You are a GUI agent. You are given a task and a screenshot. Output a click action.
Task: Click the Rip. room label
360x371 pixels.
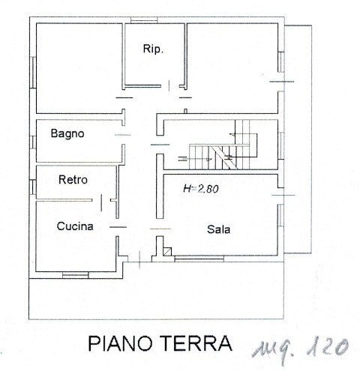(x=153, y=49)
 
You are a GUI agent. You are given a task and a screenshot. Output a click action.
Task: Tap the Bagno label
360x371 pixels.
(x=67, y=134)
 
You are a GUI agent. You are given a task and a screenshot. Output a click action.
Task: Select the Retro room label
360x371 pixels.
(x=73, y=180)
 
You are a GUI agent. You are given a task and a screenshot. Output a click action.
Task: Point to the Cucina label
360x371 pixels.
(x=75, y=226)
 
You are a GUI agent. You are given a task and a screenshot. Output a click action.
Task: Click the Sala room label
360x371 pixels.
(x=218, y=230)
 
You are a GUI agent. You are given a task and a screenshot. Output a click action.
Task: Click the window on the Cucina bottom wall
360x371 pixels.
(x=75, y=275)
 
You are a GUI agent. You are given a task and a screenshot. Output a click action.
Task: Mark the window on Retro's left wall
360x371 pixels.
(x=35, y=180)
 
